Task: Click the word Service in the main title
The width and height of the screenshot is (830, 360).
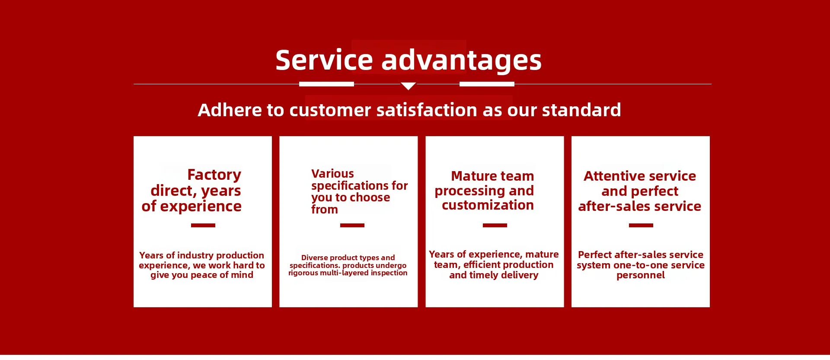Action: (324, 60)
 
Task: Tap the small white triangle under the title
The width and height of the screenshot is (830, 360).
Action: (408, 86)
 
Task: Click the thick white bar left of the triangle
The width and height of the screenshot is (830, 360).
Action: (326, 84)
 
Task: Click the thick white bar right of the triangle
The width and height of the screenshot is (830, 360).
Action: (487, 84)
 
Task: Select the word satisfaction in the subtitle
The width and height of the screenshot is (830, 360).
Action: (427, 110)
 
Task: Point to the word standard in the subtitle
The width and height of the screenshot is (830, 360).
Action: (581, 110)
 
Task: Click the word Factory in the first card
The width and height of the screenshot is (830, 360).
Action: (214, 175)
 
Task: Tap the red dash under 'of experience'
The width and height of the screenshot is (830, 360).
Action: (203, 225)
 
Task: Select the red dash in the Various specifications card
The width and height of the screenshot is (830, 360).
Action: (352, 225)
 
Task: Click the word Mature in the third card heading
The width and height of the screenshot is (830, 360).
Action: (472, 176)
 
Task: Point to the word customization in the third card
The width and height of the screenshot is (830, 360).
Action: (488, 205)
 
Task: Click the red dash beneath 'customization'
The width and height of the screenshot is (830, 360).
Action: (495, 225)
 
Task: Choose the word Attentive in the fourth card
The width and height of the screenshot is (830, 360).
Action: (611, 176)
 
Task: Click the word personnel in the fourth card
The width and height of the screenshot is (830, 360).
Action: (641, 275)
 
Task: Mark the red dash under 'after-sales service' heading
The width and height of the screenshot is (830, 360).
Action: (641, 225)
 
